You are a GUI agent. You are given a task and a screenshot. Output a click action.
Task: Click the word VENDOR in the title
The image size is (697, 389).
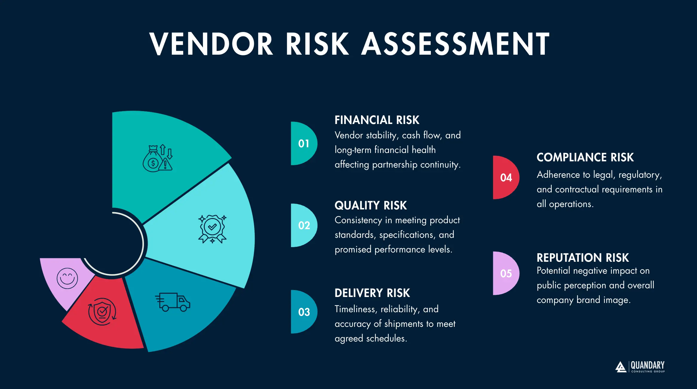click(211, 44)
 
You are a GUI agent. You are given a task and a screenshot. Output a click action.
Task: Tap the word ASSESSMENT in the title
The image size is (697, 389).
click(455, 44)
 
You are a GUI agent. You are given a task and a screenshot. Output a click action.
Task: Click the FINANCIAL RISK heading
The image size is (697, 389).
click(377, 120)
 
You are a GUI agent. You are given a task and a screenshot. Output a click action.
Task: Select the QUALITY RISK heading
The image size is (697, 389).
click(371, 206)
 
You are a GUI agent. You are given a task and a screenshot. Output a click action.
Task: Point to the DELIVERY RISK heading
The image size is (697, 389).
click(372, 293)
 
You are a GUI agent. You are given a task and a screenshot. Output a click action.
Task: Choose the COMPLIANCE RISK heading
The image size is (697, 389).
click(585, 157)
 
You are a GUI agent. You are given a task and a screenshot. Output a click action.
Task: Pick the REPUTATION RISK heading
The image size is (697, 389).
click(582, 258)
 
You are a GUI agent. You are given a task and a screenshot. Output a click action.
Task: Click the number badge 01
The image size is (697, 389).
click(303, 143)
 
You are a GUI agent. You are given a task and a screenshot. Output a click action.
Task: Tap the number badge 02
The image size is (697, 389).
click(304, 225)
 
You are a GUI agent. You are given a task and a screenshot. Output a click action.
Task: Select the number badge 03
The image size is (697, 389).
click(304, 312)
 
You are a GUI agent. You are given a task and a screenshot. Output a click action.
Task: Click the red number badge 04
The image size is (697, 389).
click(506, 177)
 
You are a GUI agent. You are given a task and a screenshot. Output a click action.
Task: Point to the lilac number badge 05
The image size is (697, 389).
click(506, 273)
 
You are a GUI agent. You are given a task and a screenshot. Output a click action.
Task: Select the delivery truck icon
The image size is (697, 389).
click(173, 302)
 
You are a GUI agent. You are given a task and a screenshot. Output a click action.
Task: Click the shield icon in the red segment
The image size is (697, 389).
click(102, 312)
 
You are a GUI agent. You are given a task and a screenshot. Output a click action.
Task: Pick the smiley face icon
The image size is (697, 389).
click(67, 278)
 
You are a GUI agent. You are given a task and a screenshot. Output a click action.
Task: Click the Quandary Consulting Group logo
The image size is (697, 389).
click(640, 367)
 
